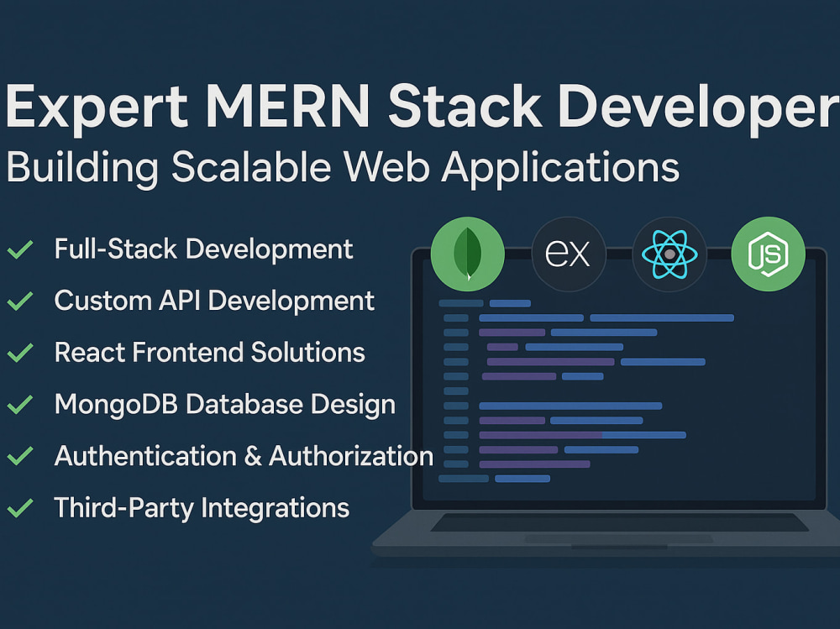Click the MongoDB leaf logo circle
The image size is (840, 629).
(468, 254)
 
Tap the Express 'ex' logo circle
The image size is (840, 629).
(569, 254)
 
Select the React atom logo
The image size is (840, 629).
(669, 254)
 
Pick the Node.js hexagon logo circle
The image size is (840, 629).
(769, 254)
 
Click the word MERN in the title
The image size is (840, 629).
(287, 106)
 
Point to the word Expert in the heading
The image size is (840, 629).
(97, 106)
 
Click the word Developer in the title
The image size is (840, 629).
(698, 107)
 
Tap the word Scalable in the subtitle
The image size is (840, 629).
(250, 166)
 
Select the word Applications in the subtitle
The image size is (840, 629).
(560, 168)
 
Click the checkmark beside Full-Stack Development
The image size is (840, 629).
(20, 249)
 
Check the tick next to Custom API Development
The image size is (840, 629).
(20, 301)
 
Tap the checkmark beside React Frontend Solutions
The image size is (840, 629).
(20, 353)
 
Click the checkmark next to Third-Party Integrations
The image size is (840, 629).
(20, 508)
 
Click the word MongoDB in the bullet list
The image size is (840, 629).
(116, 404)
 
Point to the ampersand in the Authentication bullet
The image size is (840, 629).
(253, 457)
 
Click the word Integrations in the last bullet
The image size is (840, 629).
(276, 509)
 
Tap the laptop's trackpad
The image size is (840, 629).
(618, 538)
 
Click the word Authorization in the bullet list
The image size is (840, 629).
(351, 456)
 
